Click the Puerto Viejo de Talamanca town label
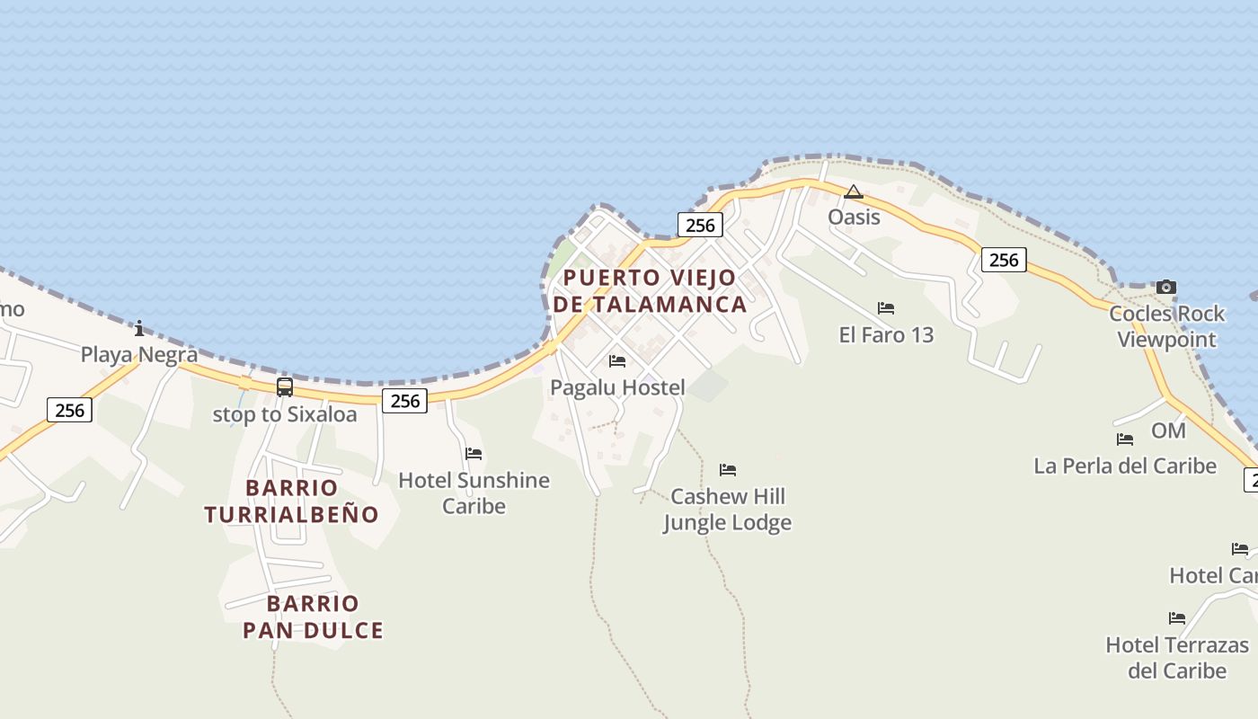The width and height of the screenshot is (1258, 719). tap(650, 290)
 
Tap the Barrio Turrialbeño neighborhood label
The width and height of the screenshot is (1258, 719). tap(291, 502)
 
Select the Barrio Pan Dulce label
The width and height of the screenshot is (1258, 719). tap(313, 617)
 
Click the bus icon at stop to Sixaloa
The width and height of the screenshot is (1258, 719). tap(285, 387)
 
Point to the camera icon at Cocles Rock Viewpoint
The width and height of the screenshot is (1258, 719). tap(1165, 288)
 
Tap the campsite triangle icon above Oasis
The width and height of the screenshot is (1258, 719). tap(853, 191)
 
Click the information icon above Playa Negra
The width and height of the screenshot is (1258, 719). tap(139, 328)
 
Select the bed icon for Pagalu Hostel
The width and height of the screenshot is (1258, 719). tap(617, 361)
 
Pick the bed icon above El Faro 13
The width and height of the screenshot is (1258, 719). tap(886, 308)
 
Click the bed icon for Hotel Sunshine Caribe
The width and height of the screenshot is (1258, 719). tap(474, 454)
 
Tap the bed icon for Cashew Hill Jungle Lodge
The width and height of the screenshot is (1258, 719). tap(728, 470)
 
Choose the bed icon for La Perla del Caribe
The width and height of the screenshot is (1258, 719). tap(1125, 439)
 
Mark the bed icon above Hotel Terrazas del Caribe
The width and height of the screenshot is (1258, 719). tap(1177, 618)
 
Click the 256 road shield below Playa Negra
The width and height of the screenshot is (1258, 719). tap(69, 411)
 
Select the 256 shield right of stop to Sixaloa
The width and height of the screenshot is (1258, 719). tap(404, 401)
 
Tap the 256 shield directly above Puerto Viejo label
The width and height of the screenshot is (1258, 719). tap(700, 225)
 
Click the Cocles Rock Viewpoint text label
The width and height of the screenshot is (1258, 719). tap(1166, 326)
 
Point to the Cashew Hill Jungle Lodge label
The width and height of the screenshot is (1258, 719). tap(728, 510)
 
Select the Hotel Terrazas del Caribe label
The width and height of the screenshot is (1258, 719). tap(1177, 658)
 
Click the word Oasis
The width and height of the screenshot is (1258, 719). tap(854, 217)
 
